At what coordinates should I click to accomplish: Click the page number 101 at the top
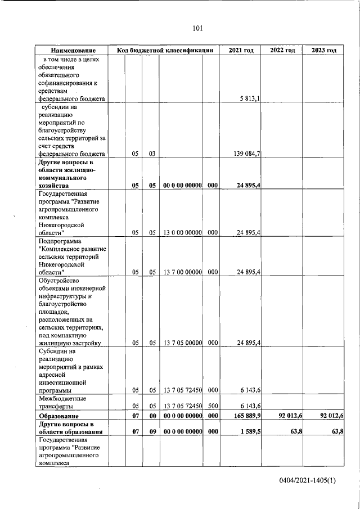(x=197, y=28)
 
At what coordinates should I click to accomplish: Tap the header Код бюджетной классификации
(x=165, y=51)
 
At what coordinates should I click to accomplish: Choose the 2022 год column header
(x=282, y=51)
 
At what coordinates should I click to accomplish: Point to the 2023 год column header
(x=323, y=51)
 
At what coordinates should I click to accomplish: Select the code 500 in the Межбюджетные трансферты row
(x=212, y=406)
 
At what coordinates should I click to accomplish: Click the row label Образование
(x=59, y=416)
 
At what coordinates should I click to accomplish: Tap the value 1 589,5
(x=247, y=431)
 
